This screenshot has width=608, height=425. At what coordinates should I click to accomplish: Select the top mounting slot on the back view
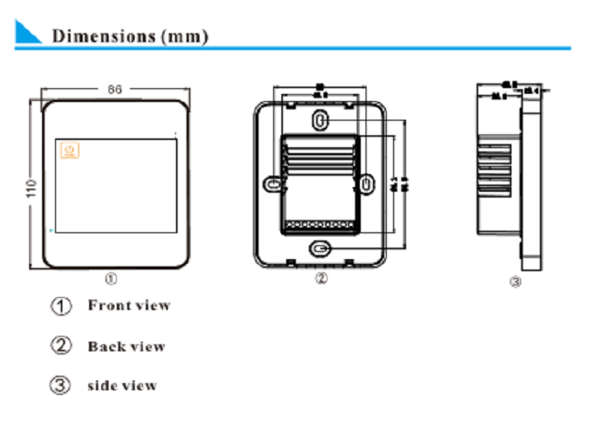[320, 120]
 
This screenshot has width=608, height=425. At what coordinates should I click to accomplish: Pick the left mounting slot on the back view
[275, 185]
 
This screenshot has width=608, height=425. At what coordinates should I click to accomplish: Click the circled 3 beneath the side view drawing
[516, 283]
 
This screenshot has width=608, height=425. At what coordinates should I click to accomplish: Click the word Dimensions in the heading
[104, 36]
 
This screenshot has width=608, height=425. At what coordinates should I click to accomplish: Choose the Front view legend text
[129, 306]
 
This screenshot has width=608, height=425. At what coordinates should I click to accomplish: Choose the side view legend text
[122, 386]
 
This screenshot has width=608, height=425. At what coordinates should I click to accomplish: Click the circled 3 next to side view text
[62, 385]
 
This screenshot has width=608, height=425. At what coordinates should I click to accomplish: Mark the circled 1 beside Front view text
[62, 306]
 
